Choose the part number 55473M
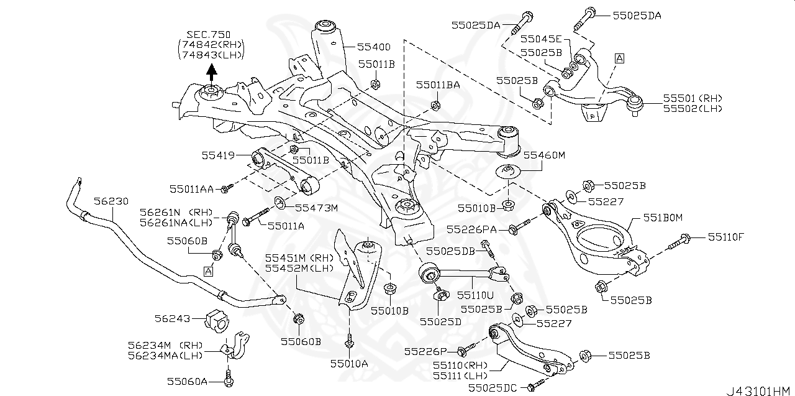tap(316, 208)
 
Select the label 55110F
tap(727, 237)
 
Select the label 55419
tap(217, 155)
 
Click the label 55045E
tap(541, 38)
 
